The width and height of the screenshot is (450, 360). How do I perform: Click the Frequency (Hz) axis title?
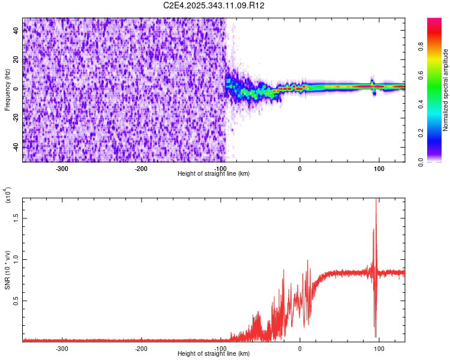point(7,89)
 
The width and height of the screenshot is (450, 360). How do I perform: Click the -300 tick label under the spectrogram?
point(62,169)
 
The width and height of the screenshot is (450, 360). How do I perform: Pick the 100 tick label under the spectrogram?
point(379,169)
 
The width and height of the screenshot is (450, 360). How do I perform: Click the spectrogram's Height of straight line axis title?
point(214,174)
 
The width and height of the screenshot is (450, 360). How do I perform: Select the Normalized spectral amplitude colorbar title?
point(446,90)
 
